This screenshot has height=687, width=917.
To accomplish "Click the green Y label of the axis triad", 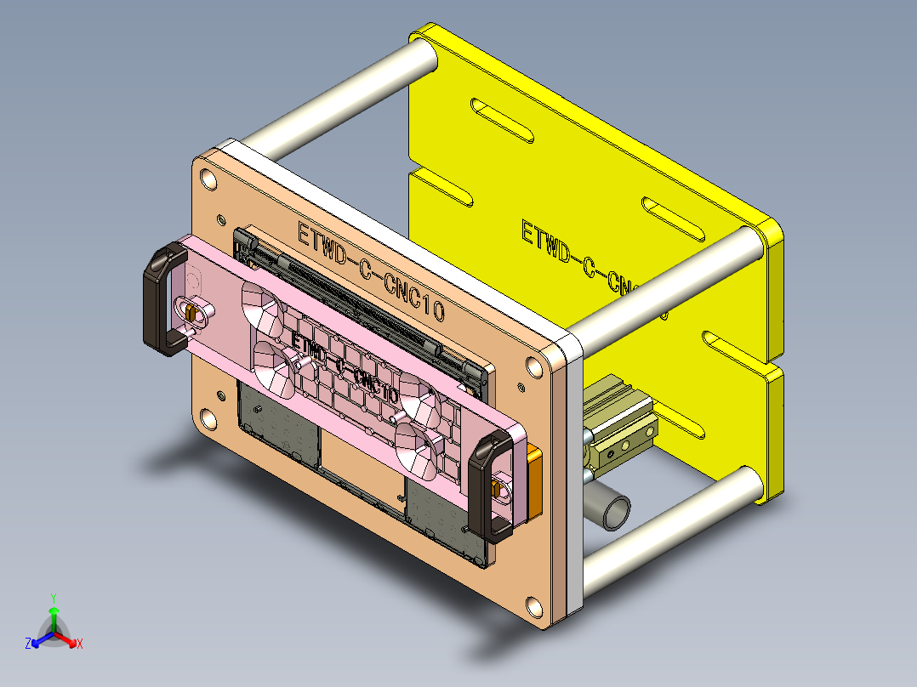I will tap(53, 598).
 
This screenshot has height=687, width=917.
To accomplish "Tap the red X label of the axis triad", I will tap(80, 644).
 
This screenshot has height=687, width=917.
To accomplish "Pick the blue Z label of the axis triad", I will tap(28, 644).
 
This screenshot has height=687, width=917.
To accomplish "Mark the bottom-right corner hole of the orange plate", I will tap(533, 607).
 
